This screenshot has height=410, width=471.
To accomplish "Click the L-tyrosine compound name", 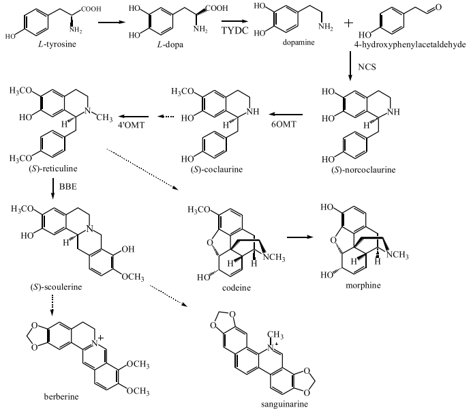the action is tap(57, 44).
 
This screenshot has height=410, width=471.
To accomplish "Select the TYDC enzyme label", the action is tap(235, 31).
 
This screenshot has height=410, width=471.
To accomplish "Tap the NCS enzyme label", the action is tap(367, 67).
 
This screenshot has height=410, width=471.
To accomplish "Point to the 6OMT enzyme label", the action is tap(284, 124).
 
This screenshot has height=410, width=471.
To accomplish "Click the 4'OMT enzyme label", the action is tap(132, 125).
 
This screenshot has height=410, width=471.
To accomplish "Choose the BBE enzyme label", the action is tap(68, 187).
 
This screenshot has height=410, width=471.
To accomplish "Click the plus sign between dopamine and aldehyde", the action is tap(348, 23).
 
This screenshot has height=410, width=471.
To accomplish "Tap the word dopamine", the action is tap(299, 42).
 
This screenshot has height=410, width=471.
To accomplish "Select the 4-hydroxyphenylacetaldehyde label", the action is tap(410, 45).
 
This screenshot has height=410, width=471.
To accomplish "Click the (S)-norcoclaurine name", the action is tap(363, 170).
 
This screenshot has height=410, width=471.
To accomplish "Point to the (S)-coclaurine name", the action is tap(216, 170).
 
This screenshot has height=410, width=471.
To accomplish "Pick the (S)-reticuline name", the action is tap(53, 169).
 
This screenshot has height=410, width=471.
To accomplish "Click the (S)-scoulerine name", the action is tap(56, 287).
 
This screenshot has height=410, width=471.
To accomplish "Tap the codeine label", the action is tap(237, 288).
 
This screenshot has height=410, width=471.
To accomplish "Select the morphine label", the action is tap(363, 285).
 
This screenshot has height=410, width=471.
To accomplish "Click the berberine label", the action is tap(61, 397).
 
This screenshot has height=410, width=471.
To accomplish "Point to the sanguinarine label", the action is tap(284, 404).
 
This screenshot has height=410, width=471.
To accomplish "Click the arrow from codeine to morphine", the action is tap(300, 237).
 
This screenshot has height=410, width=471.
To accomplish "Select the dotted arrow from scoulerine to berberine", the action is tap(52, 305).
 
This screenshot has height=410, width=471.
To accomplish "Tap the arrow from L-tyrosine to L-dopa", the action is tap(112, 23).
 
